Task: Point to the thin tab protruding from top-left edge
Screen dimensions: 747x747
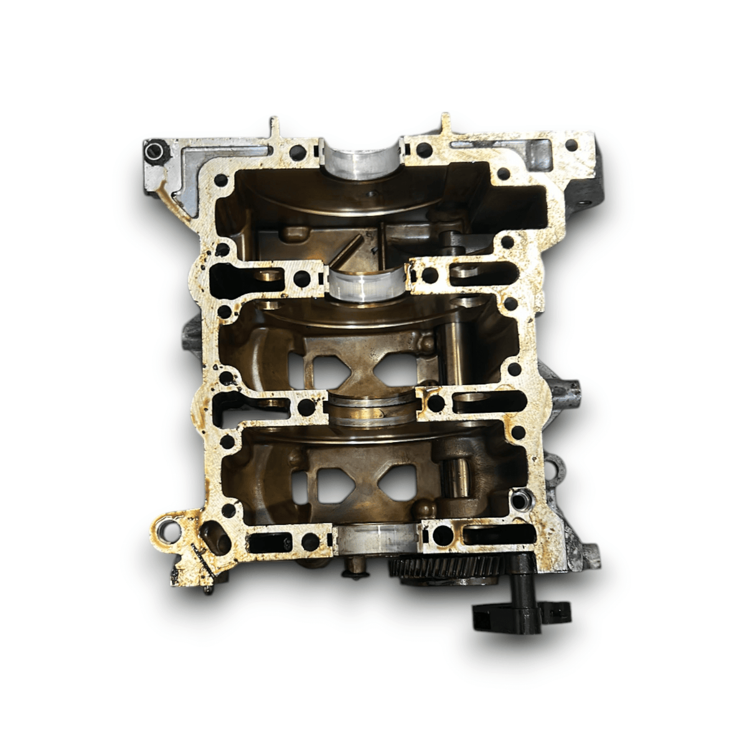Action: pyautogui.click(x=273, y=127)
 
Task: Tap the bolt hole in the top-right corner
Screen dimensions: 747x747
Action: pyautogui.click(x=571, y=146)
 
